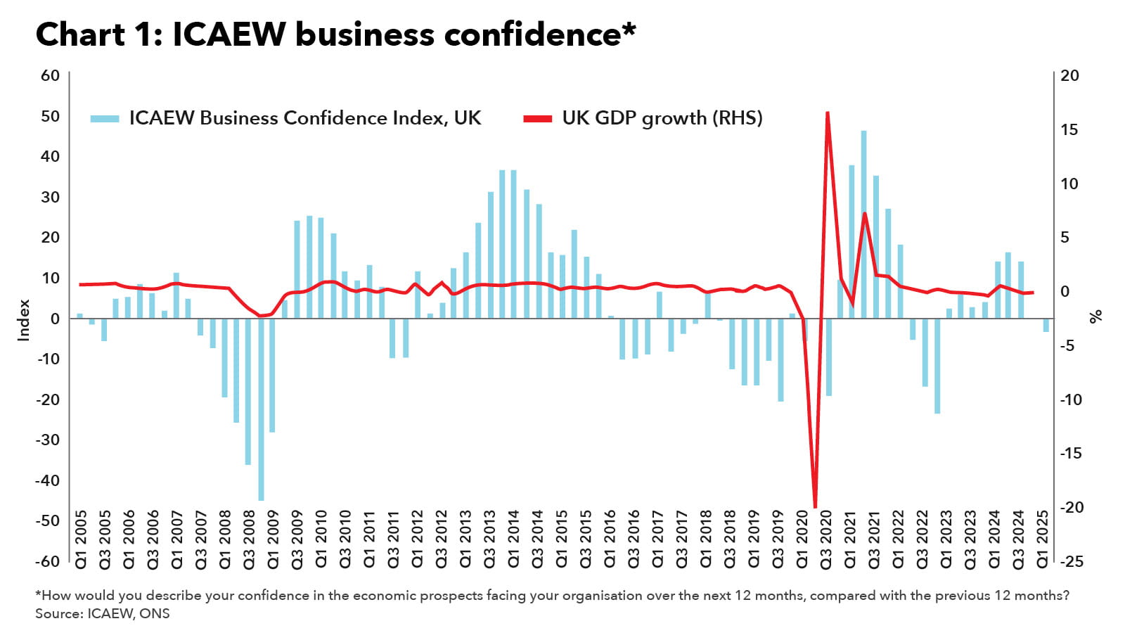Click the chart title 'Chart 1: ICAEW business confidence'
(335, 34)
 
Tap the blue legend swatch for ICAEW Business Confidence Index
(105, 119)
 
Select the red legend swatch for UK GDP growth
(538, 119)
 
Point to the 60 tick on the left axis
(50, 75)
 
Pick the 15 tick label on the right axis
(1069, 129)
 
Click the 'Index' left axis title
(24, 320)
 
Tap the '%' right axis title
(1095, 316)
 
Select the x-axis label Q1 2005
(81, 539)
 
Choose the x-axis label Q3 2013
(489, 539)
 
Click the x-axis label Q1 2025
(1043, 539)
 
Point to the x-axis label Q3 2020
(826, 539)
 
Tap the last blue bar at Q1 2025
(1046, 325)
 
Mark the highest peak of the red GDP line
(828, 113)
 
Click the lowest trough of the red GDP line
(815, 506)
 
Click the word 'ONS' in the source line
(155, 613)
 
